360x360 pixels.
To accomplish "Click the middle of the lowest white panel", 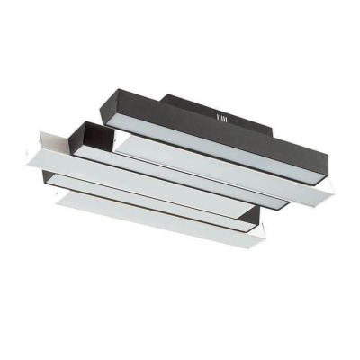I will tap(162, 220).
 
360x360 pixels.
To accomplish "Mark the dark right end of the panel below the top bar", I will tap(279, 203).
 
